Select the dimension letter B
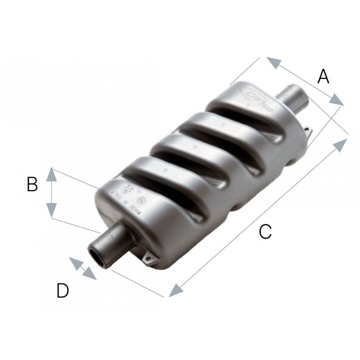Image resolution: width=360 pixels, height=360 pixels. point(32,184)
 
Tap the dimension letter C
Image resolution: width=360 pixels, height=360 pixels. point(265,232)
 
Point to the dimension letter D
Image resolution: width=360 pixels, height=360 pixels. point(63,291)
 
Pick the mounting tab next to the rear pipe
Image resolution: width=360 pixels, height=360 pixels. point(308,131)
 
